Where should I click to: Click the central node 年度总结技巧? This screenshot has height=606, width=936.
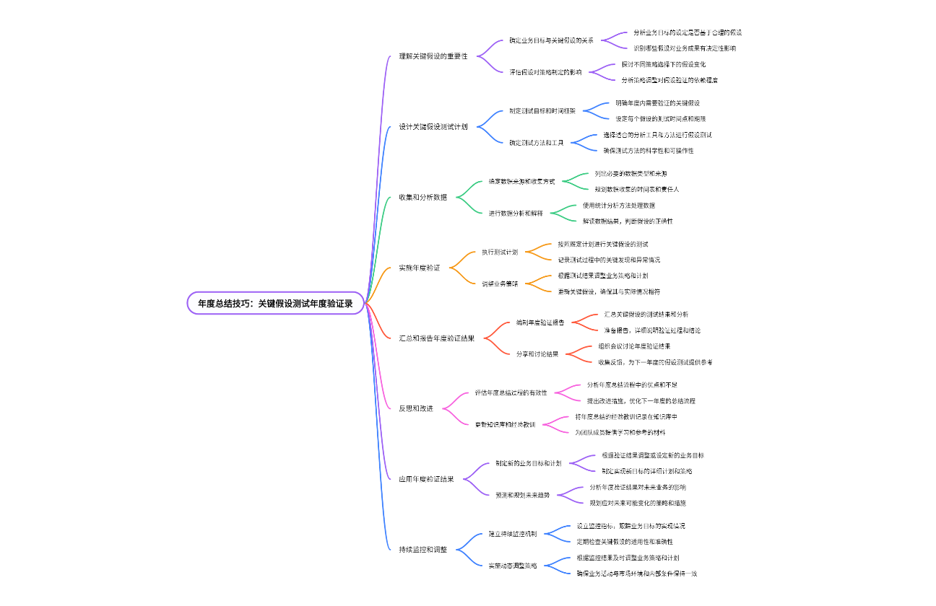[x=275, y=304]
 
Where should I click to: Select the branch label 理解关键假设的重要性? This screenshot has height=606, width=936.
[x=433, y=56]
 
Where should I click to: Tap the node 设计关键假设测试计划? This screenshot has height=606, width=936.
[x=433, y=127]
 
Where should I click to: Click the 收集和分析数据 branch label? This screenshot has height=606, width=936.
[x=423, y=197]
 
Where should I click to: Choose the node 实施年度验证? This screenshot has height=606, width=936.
[x=419, y=268]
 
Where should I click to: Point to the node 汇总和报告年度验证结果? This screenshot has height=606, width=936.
[x=437, y=338]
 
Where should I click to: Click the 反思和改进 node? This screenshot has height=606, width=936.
[x=416, y=408]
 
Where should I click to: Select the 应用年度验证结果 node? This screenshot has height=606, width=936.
[x=426, y=478]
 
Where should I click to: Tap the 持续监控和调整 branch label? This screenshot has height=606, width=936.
[x=423, y=549]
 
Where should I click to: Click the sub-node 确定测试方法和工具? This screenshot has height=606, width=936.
[x=536, y=143]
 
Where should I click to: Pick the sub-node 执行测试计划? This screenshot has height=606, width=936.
[x=500, y=252]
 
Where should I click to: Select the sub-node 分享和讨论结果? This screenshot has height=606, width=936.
[x=537, y=354]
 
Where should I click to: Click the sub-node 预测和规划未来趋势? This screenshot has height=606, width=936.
[x=522, y=495]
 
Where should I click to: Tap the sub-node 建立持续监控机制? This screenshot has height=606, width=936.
[x=513, y=534]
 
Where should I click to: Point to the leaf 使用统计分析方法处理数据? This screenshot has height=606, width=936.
[x=619, y=206]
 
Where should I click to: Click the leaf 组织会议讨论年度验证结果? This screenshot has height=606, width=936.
[x=629, y=346]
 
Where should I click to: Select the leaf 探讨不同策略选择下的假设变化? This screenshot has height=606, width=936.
[x=659, y=64]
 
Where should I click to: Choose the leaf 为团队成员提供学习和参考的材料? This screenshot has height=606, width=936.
[x=620, y=432]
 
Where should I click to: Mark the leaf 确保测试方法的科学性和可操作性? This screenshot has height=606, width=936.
[x=649, y=151]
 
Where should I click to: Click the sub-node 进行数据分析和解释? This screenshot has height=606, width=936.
[x=515, y=214]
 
